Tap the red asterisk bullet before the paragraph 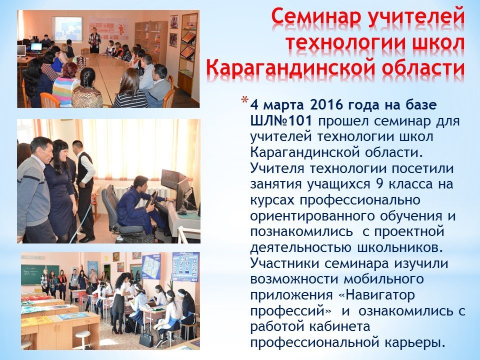pyautogui.click(x=245, y=100)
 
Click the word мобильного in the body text pyautogui.click(x=384, y=279)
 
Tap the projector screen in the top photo pyautogui.click(x=67, y=29)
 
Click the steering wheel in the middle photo pyautogui.click(x=151, y=199)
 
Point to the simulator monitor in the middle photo pyautogui.click(x=174, y=178)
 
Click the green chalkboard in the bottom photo pyautogui.click(x=40, y=274)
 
